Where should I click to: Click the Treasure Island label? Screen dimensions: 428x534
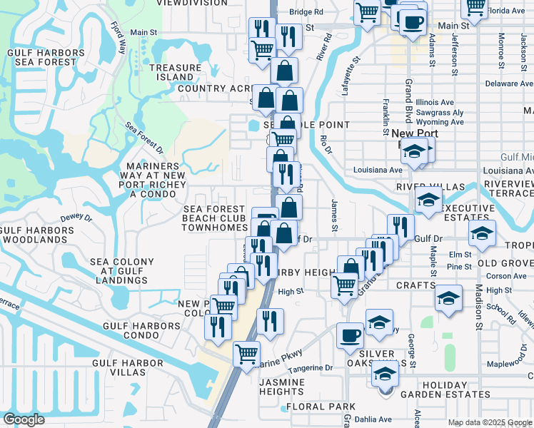pos(171,72)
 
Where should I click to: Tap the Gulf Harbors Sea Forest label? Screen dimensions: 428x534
pos(41,57)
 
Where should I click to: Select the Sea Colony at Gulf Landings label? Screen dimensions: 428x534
pos(119,271)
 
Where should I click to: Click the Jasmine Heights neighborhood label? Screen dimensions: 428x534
pos(281,387)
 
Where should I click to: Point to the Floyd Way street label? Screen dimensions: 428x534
pos(119,38)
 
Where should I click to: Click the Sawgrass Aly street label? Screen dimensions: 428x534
pos(440,113)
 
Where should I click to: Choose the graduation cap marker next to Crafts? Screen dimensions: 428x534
pos(448,299)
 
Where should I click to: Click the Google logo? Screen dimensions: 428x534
pos(24,419)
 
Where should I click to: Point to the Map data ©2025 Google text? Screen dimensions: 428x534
pos(490,422)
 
